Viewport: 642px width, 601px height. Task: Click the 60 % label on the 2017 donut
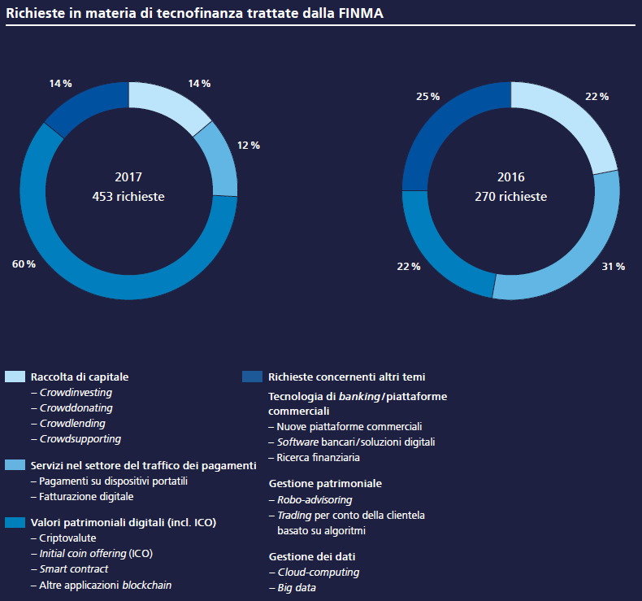point(24,264)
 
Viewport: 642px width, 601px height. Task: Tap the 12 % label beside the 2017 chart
point(249,146)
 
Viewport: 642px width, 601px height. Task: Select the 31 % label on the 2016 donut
point(614,267)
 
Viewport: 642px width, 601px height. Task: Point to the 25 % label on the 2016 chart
point(427,97)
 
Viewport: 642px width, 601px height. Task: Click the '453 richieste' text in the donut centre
point(128,197)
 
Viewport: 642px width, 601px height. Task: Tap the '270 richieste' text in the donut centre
point(511,197)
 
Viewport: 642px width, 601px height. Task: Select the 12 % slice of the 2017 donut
point(219,159)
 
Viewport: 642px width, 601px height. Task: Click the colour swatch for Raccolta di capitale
point(15,377)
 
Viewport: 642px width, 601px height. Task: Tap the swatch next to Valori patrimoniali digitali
point(15,522)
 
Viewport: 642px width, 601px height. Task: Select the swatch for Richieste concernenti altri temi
point(252,377)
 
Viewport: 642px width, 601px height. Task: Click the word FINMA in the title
point(361,13)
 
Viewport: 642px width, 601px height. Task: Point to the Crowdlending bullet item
point(68,424)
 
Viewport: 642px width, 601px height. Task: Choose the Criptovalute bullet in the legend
point(64,538)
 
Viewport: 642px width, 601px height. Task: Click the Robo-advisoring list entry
point(310,500)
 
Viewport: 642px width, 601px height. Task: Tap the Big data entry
point(293,588)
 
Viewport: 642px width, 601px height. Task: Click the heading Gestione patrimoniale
point(326,484)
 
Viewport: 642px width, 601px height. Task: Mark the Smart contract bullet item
point(70,569)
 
